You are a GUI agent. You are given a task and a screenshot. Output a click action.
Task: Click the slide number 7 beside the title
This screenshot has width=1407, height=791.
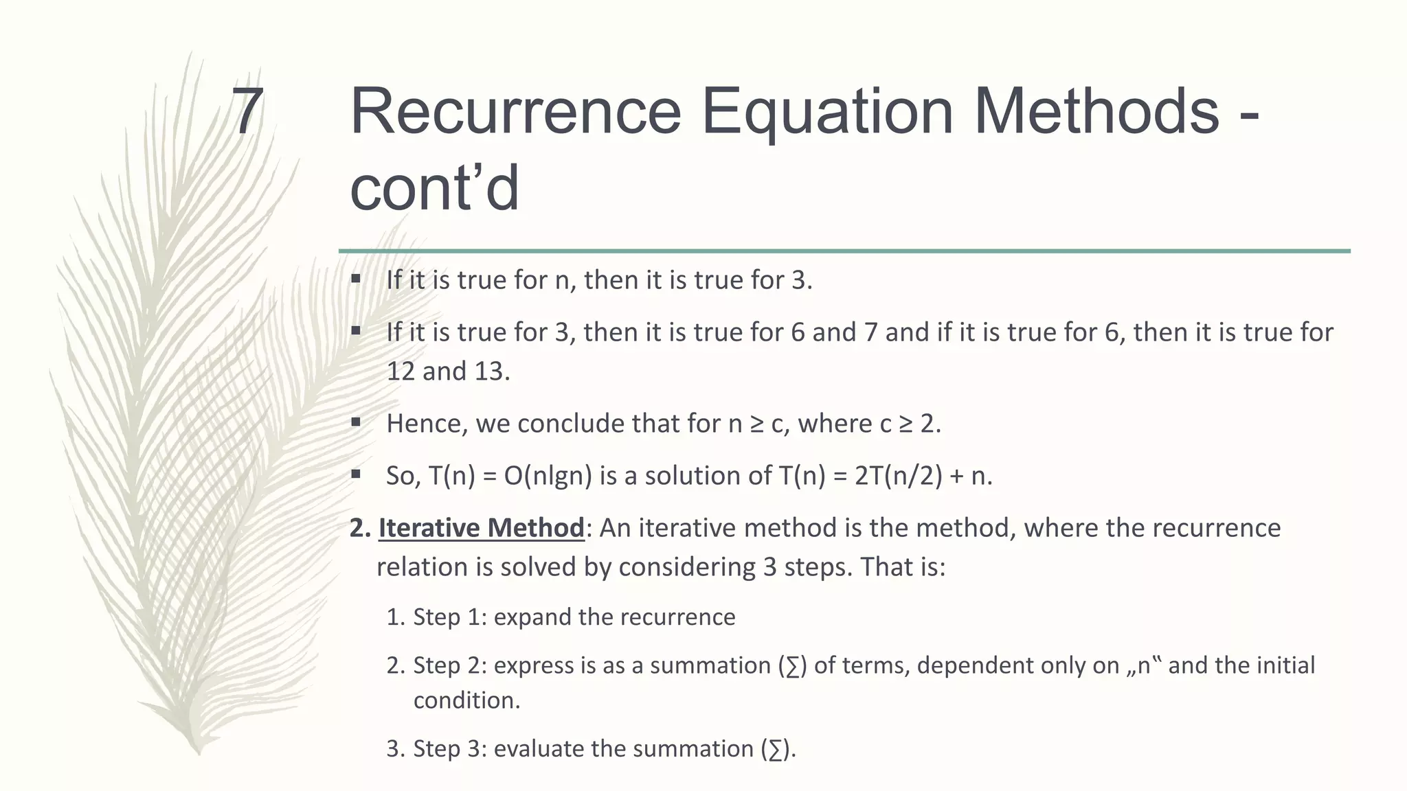(x=248, y=111)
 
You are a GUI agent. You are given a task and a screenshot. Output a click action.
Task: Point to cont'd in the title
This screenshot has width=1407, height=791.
(x=434, y=188)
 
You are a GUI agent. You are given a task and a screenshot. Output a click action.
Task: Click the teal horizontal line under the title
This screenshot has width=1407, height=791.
(x=844, y=251)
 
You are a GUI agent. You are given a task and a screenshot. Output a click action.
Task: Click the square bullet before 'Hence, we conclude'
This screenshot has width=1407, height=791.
(x=356, y=422)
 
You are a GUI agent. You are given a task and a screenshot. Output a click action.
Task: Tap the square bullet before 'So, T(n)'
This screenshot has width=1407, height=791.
(x=356, y=474)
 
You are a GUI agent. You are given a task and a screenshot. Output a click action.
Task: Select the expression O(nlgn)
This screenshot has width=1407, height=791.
(x=548, y=476)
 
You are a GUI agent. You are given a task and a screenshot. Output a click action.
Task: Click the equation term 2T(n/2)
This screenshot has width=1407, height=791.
(x=899, y=476)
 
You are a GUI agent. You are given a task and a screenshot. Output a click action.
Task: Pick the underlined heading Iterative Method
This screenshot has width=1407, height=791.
(x=481, y=528)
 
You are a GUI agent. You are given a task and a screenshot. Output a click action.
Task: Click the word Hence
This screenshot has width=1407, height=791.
(x=426, y=424)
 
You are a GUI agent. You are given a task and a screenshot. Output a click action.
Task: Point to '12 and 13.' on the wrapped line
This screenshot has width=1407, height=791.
(x=448, y=371)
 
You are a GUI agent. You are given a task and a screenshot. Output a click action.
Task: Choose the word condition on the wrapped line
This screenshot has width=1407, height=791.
(x=466, y=700)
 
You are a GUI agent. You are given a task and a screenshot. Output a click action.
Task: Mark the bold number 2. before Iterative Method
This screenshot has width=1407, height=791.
(x=360, y=528)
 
